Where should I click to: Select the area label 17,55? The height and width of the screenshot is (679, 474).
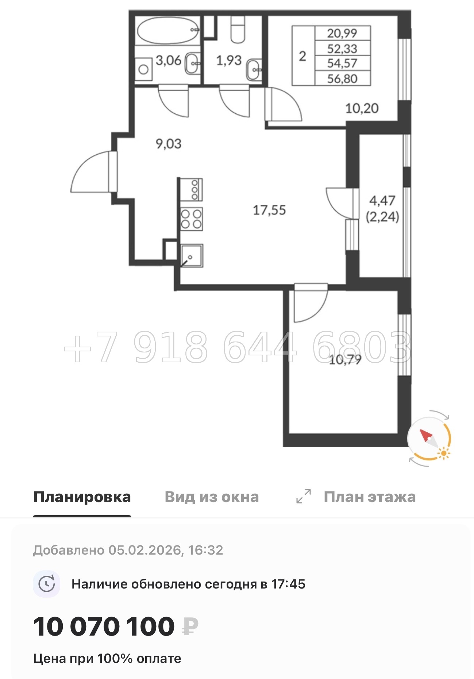coord(269,210)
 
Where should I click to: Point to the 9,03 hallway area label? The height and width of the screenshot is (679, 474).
coord(168,144)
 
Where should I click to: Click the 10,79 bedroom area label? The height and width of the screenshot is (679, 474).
coord(345,360)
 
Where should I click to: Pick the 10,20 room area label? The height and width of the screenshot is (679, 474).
coord(362,108)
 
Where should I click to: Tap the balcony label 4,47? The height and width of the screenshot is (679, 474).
coord(382,201)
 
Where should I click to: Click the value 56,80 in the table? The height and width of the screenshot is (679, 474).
coord(342,79)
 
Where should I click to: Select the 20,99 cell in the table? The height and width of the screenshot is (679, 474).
coord(342,33)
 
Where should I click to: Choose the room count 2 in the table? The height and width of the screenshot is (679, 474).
coord(302,56)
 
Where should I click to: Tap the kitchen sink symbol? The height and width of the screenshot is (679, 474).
coord(192,255)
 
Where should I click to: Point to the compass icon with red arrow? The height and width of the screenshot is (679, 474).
coord(429,439)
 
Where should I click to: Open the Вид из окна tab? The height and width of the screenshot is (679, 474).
coord(212,497)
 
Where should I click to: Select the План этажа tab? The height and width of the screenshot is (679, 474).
coord(369,497)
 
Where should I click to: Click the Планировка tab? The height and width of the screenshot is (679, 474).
coord(82,497)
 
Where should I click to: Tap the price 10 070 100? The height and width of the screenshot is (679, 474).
coord(104,627)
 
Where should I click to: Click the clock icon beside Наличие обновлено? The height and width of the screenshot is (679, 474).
coord(47,584)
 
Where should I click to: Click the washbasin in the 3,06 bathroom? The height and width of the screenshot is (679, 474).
coord(192,63)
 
